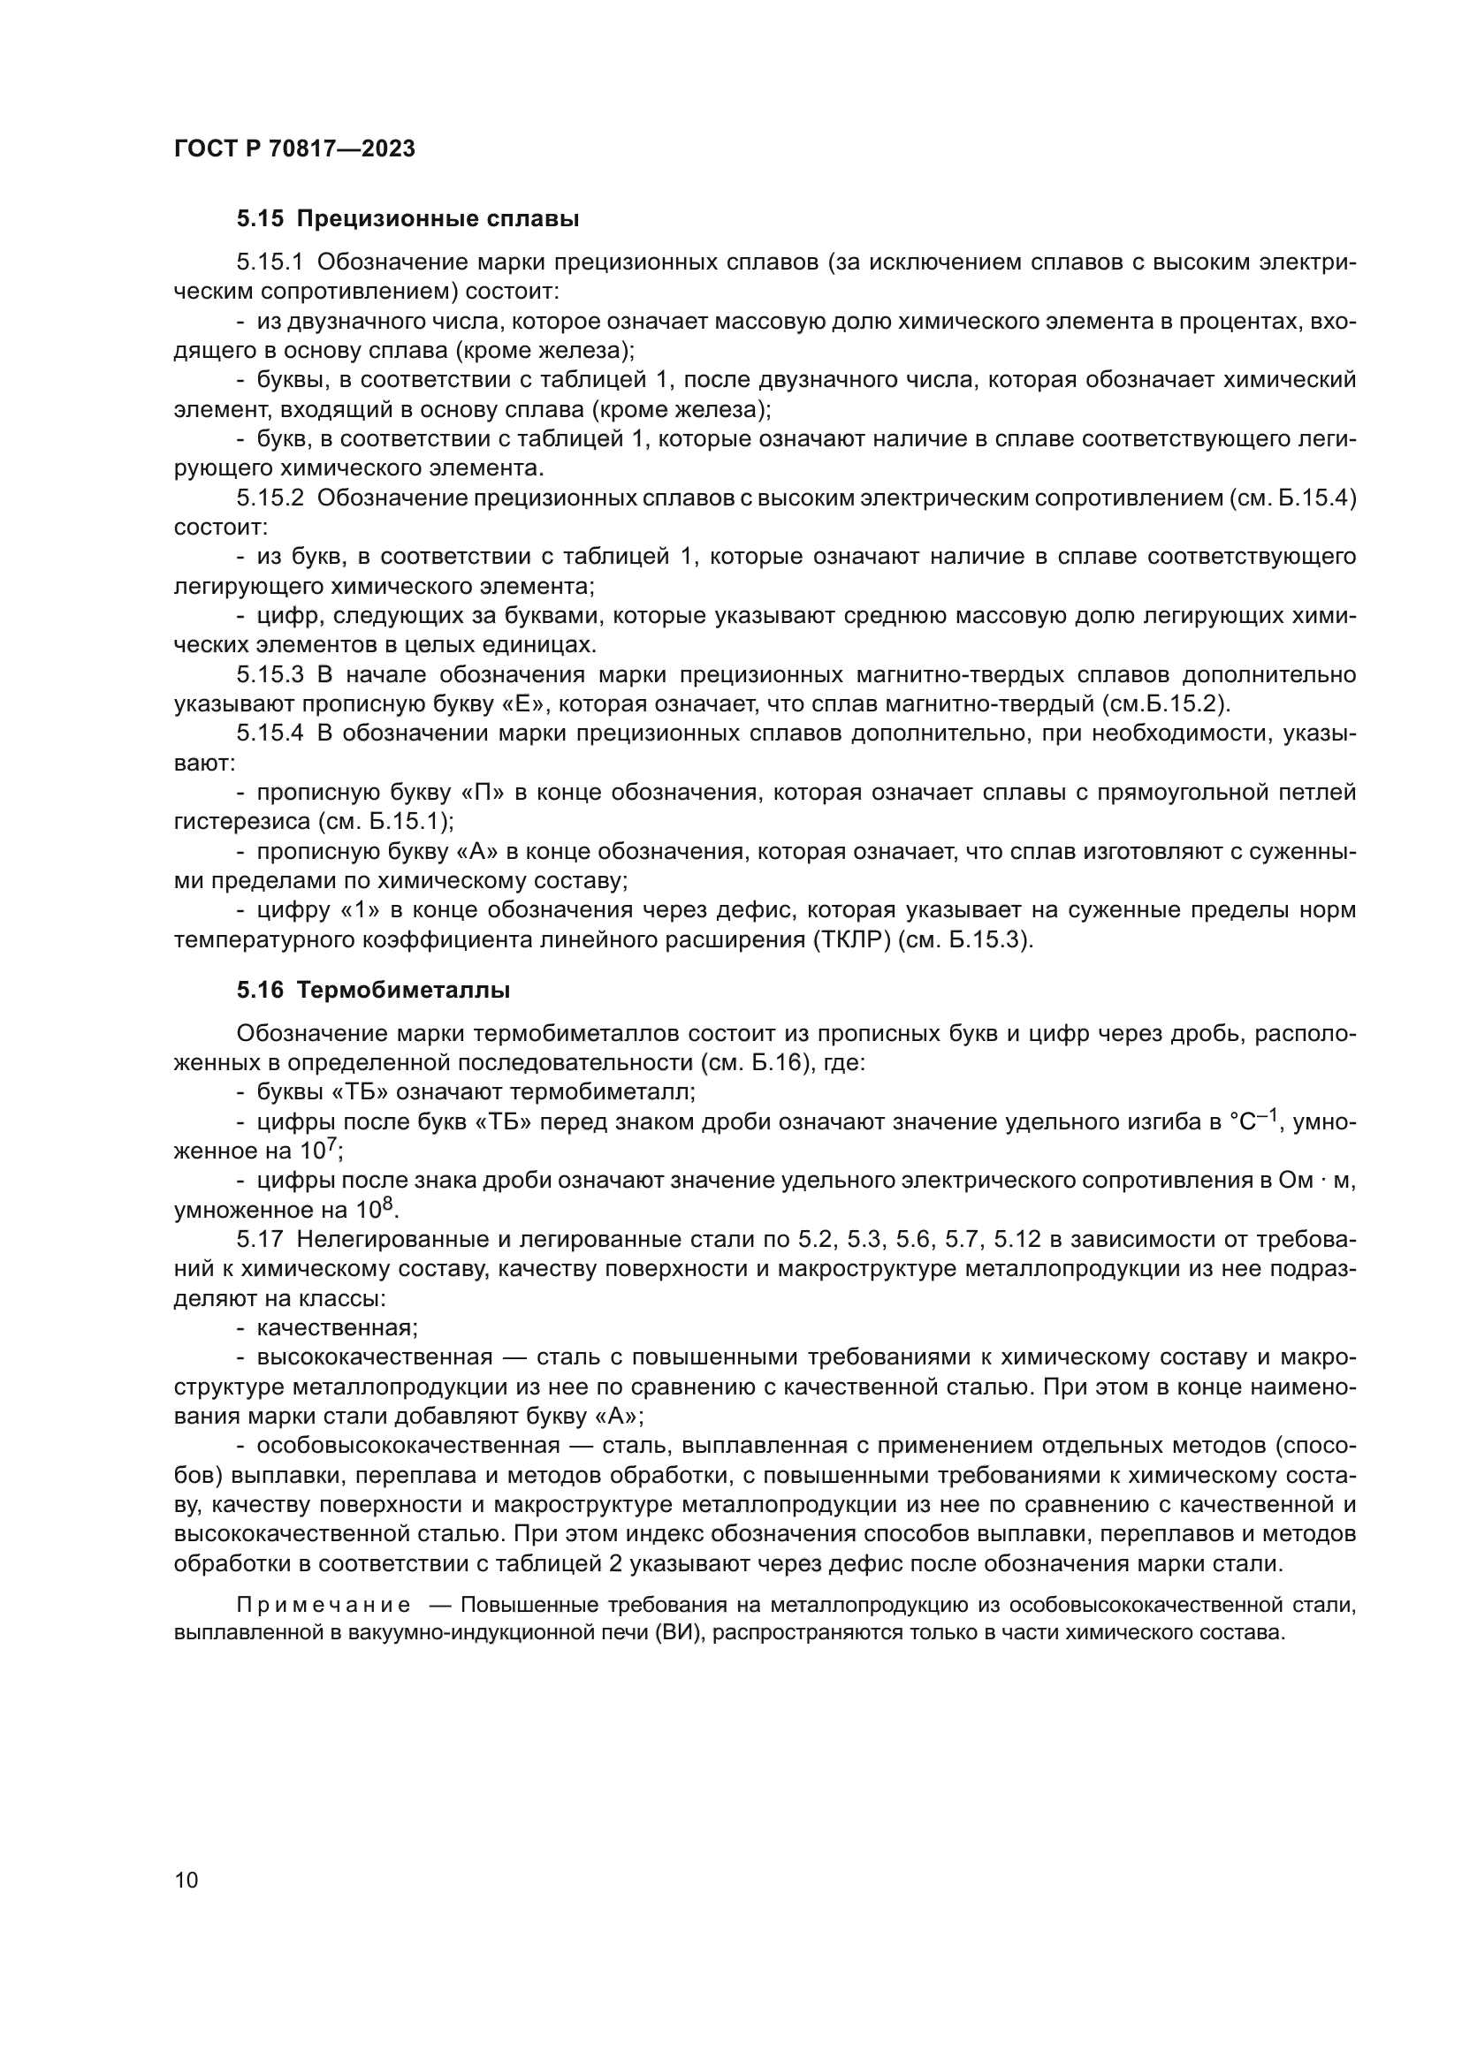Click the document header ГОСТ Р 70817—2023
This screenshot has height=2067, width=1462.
294,149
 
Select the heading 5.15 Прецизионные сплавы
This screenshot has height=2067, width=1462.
407,219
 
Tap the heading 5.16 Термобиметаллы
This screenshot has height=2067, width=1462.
373,991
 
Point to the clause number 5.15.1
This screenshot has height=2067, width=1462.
270,262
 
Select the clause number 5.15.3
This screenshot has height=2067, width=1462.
270,675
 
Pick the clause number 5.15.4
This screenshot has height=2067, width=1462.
270,733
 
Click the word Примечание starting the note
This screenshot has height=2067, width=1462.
324,1606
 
